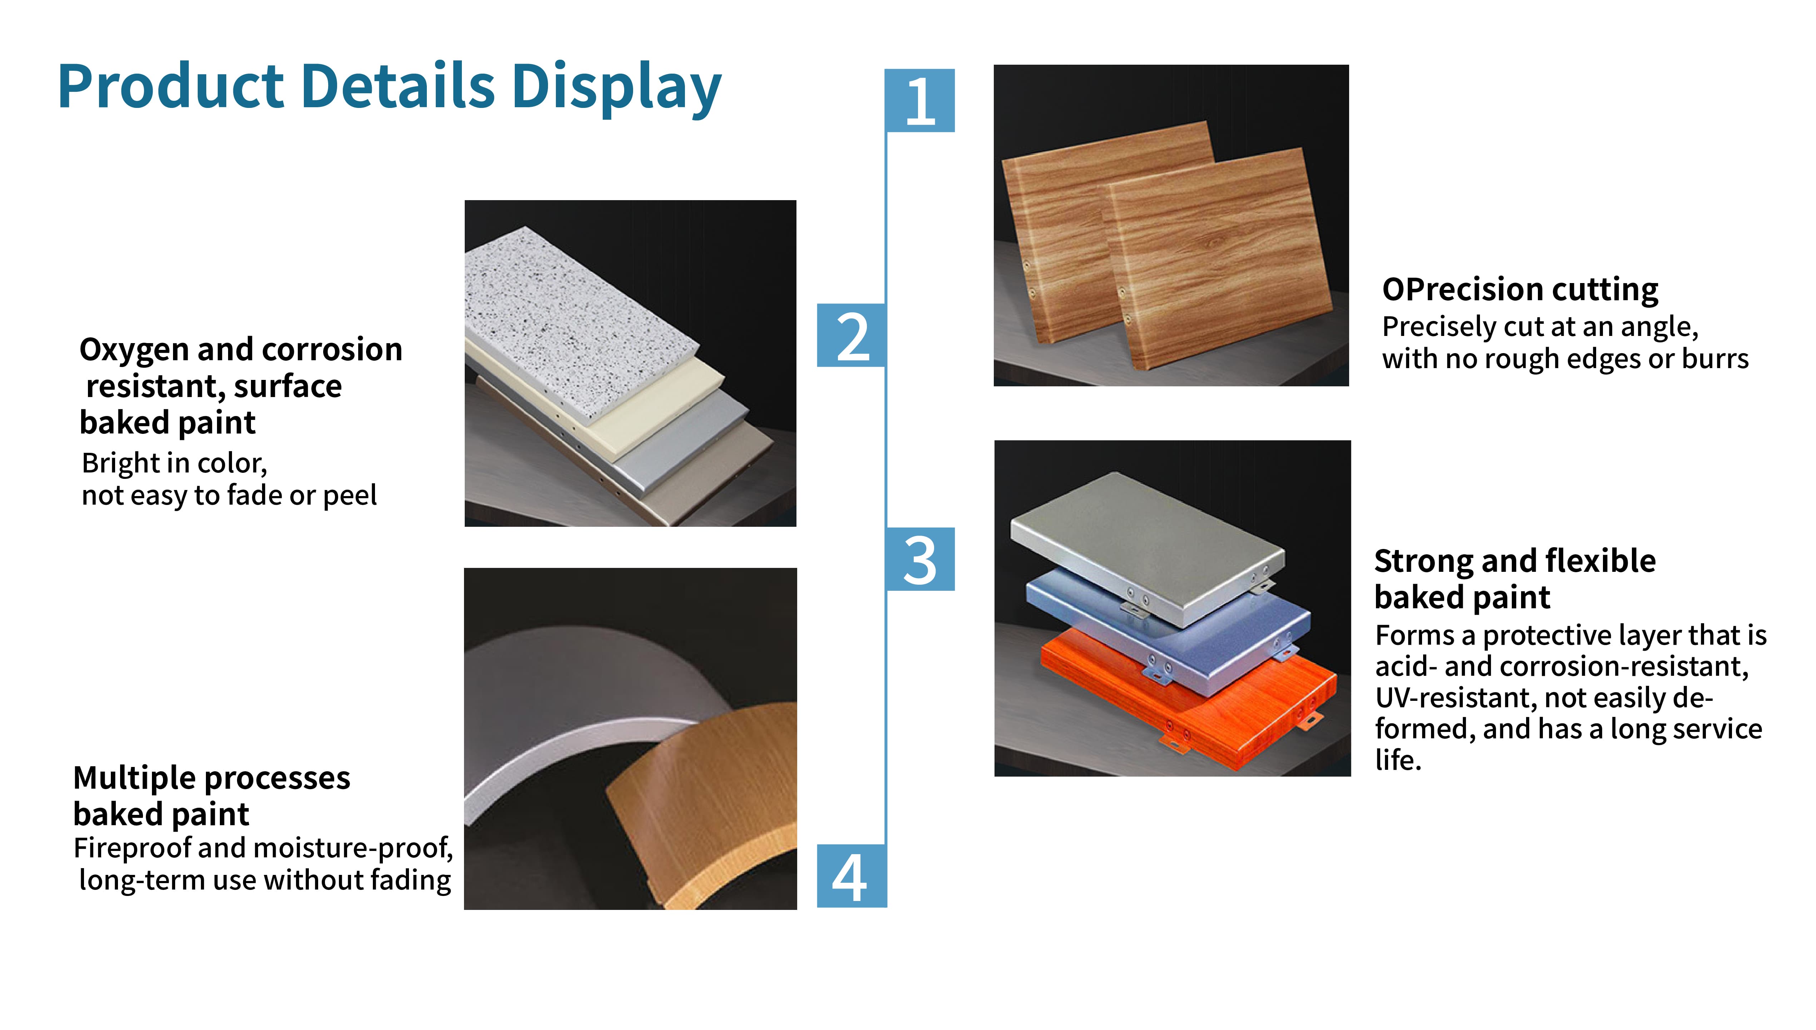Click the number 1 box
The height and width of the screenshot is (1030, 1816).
pyautogui.click(x=920, y=100)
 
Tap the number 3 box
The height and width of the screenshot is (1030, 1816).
pyautogui.click(x=920, y=559)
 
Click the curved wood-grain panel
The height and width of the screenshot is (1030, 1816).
pyautogui.click(x=700, y=807)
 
